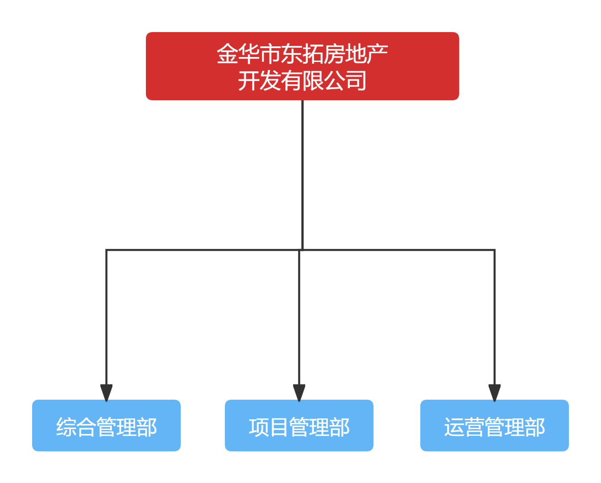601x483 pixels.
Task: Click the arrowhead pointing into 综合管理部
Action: [106, 392]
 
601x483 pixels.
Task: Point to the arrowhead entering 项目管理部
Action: [299, 392]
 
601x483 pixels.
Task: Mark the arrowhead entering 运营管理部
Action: [494, 392]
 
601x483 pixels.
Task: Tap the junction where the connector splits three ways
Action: [301, 250]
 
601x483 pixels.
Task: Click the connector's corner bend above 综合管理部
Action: [107, 250]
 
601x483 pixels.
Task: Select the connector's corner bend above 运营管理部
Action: [494, 250]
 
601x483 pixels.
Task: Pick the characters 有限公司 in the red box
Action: [323, 81]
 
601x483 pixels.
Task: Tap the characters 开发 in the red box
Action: [259, 81]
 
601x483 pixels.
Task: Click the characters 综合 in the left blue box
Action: [76, 427]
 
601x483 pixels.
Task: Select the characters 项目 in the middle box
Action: [269, 427]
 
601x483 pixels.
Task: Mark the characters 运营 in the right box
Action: [464, 427]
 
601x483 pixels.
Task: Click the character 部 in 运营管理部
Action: [535, 427]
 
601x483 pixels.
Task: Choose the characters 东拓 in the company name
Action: [302, 54]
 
